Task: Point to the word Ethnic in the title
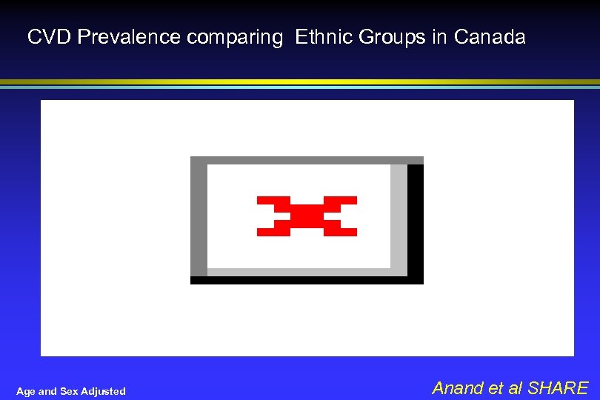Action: pos(324,37)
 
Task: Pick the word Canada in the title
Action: pos(490,37)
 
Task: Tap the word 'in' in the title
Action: pos(440,37)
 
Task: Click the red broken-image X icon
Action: pos(307,216)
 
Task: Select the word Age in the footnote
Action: pos(25,391)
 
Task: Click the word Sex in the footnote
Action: pos(67,391)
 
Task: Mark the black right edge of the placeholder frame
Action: pos(416,222)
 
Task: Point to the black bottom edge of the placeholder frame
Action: pos(307,280)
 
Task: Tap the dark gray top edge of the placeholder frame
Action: pos(307,160)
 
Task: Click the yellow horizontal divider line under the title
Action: pos(300,81)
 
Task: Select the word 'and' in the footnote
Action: pos(47,391)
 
